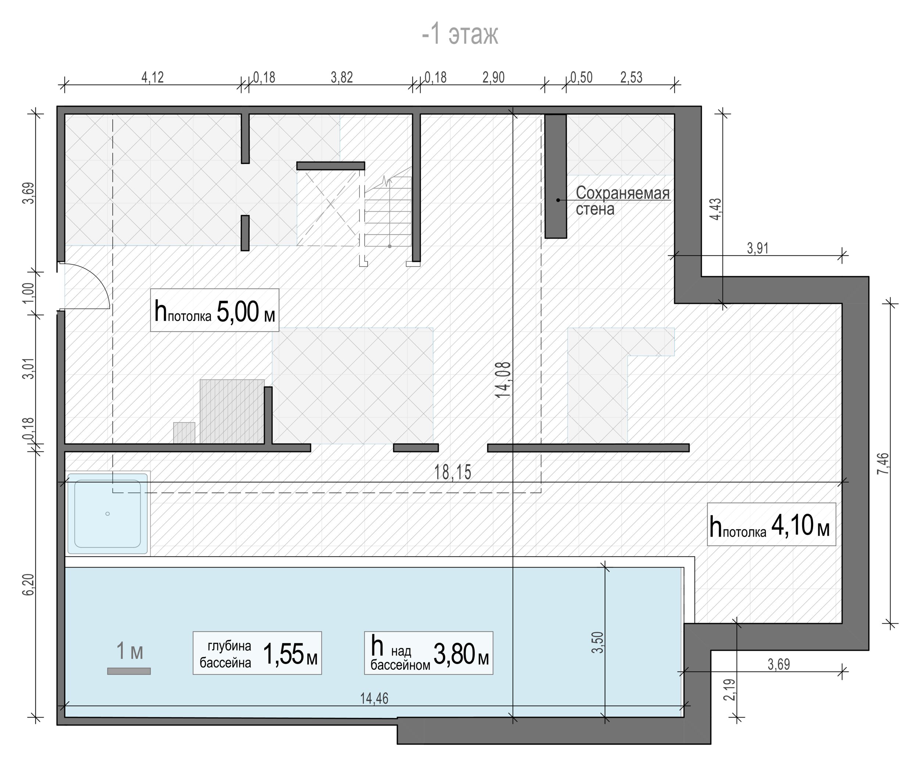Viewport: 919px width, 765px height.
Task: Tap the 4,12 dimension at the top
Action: pyautogui.click(x=152, y=78)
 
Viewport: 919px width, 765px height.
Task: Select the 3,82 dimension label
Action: pyautogui.click(x=342, y=78)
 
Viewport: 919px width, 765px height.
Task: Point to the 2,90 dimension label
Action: pyautogui.click(x=493, y=78)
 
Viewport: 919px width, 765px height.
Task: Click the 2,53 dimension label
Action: pyautogui.click(x=631, y=78)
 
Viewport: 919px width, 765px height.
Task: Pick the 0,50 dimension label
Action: pyautogui.click(x=581, y=78)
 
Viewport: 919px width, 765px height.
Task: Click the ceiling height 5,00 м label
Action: pyautogui.click(x=214, y=311)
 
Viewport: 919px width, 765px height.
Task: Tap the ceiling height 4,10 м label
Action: pyautogui.click(x=771, y=525)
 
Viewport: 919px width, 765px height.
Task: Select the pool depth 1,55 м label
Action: pyautogui.click(x=257, y=653)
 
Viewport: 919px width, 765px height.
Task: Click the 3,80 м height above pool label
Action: pyautogui.click(x=429, y=653)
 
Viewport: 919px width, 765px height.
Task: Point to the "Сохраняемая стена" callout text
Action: pyautogui.click(x=623, y=201)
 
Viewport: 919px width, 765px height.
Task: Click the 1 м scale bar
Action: pyautogui.click(x=129, y=671)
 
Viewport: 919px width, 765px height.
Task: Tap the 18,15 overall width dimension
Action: pyautogui.click(x=453, y=473)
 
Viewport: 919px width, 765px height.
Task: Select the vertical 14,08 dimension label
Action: pyautogui.click(x=504, y=380)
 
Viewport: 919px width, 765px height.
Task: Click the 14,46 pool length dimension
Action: pyautogui.click(x=374, y=699)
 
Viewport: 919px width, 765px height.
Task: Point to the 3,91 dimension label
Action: pyautogui.click(x=758, y=249)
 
